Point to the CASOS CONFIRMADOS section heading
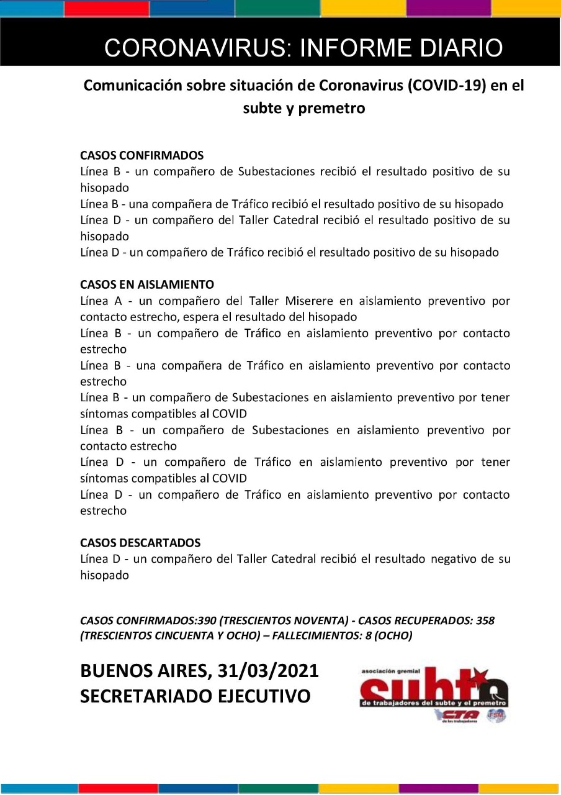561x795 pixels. (x=141, y=155)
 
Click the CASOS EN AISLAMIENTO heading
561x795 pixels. (x=146, y=284)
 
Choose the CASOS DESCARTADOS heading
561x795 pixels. (x=140, y=543)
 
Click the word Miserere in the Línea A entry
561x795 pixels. (x=308, y=301)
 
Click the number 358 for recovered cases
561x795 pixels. (x=485, y=620)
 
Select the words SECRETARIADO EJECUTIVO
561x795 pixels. (x=195, y=696)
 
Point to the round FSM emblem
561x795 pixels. (x=496, y=715)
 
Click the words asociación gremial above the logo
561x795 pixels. (x=392, y=671)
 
